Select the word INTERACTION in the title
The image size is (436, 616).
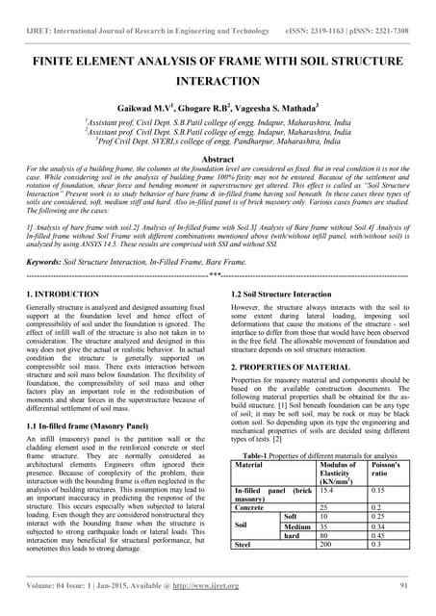pos(218,83)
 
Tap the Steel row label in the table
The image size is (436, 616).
pos(244,544)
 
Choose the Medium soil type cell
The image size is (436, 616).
pos(296,526)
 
